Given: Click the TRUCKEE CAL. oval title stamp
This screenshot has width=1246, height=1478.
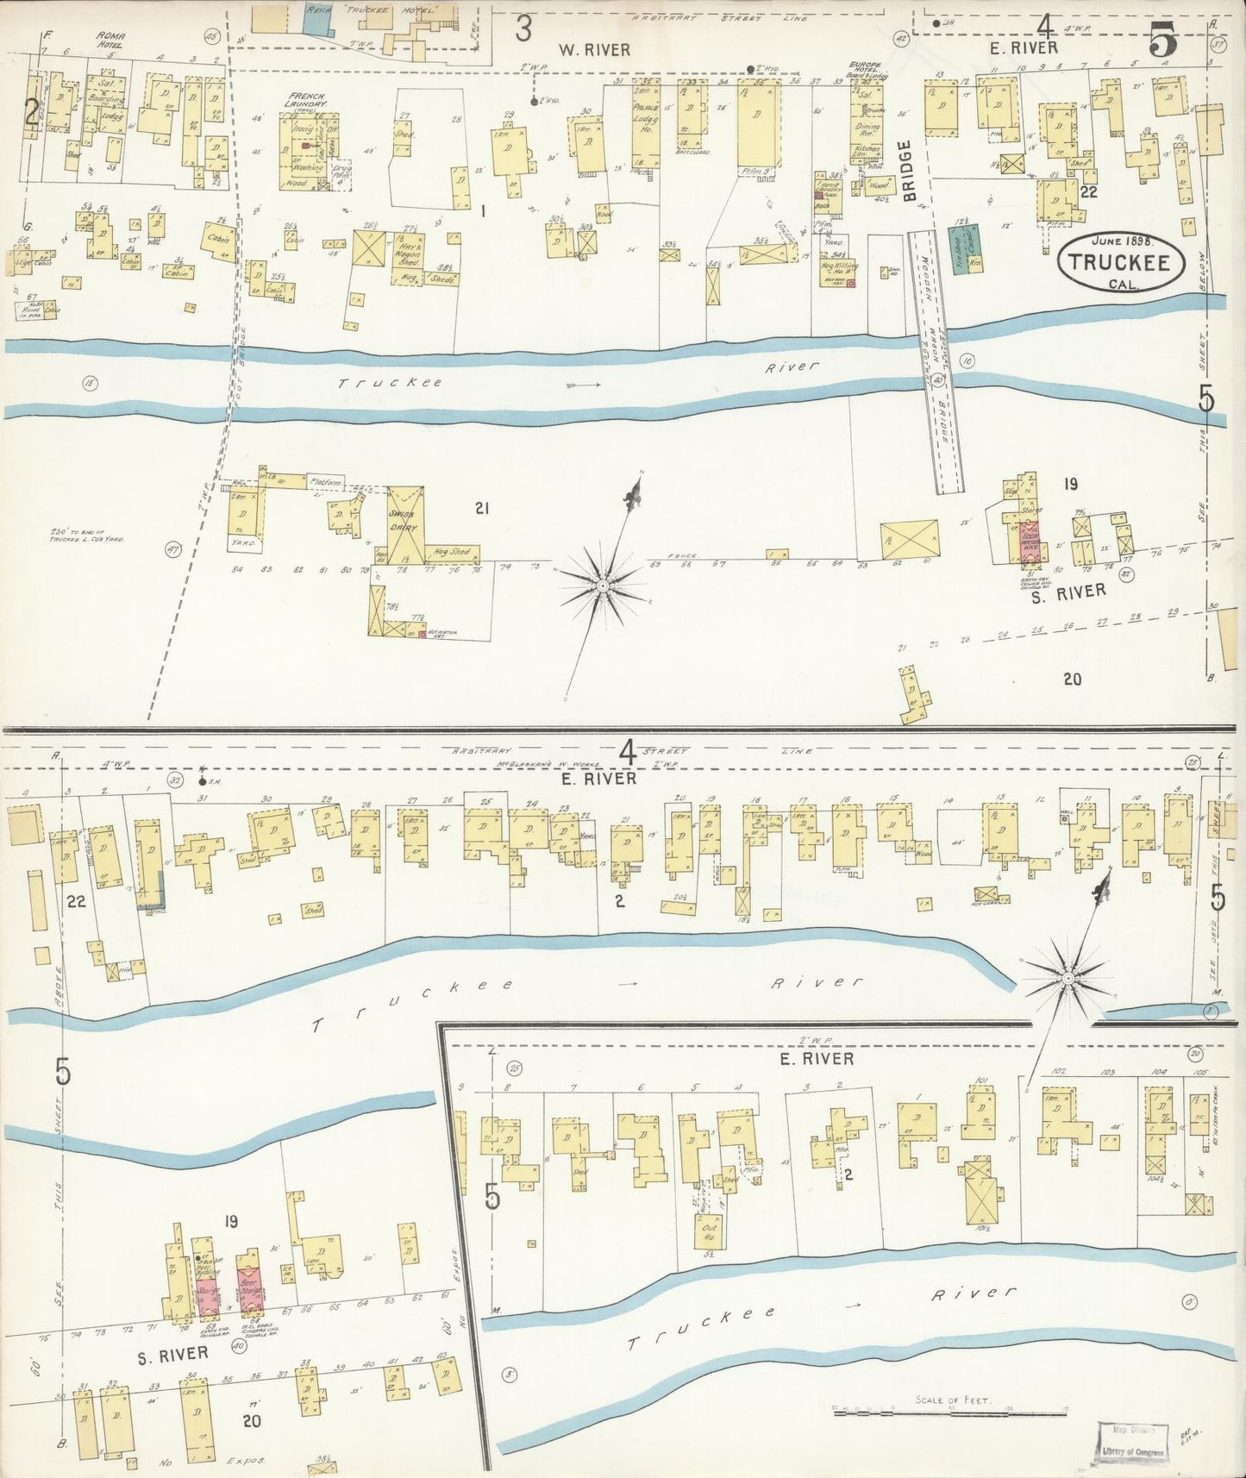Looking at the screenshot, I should tap(1120, 259).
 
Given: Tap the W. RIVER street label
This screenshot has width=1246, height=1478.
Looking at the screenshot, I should tap(595, 49).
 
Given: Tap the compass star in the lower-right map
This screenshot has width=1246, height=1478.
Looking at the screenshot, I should tap(1068, 976).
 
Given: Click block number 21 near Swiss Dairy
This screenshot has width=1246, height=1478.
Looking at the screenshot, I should tap(481, 509).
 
